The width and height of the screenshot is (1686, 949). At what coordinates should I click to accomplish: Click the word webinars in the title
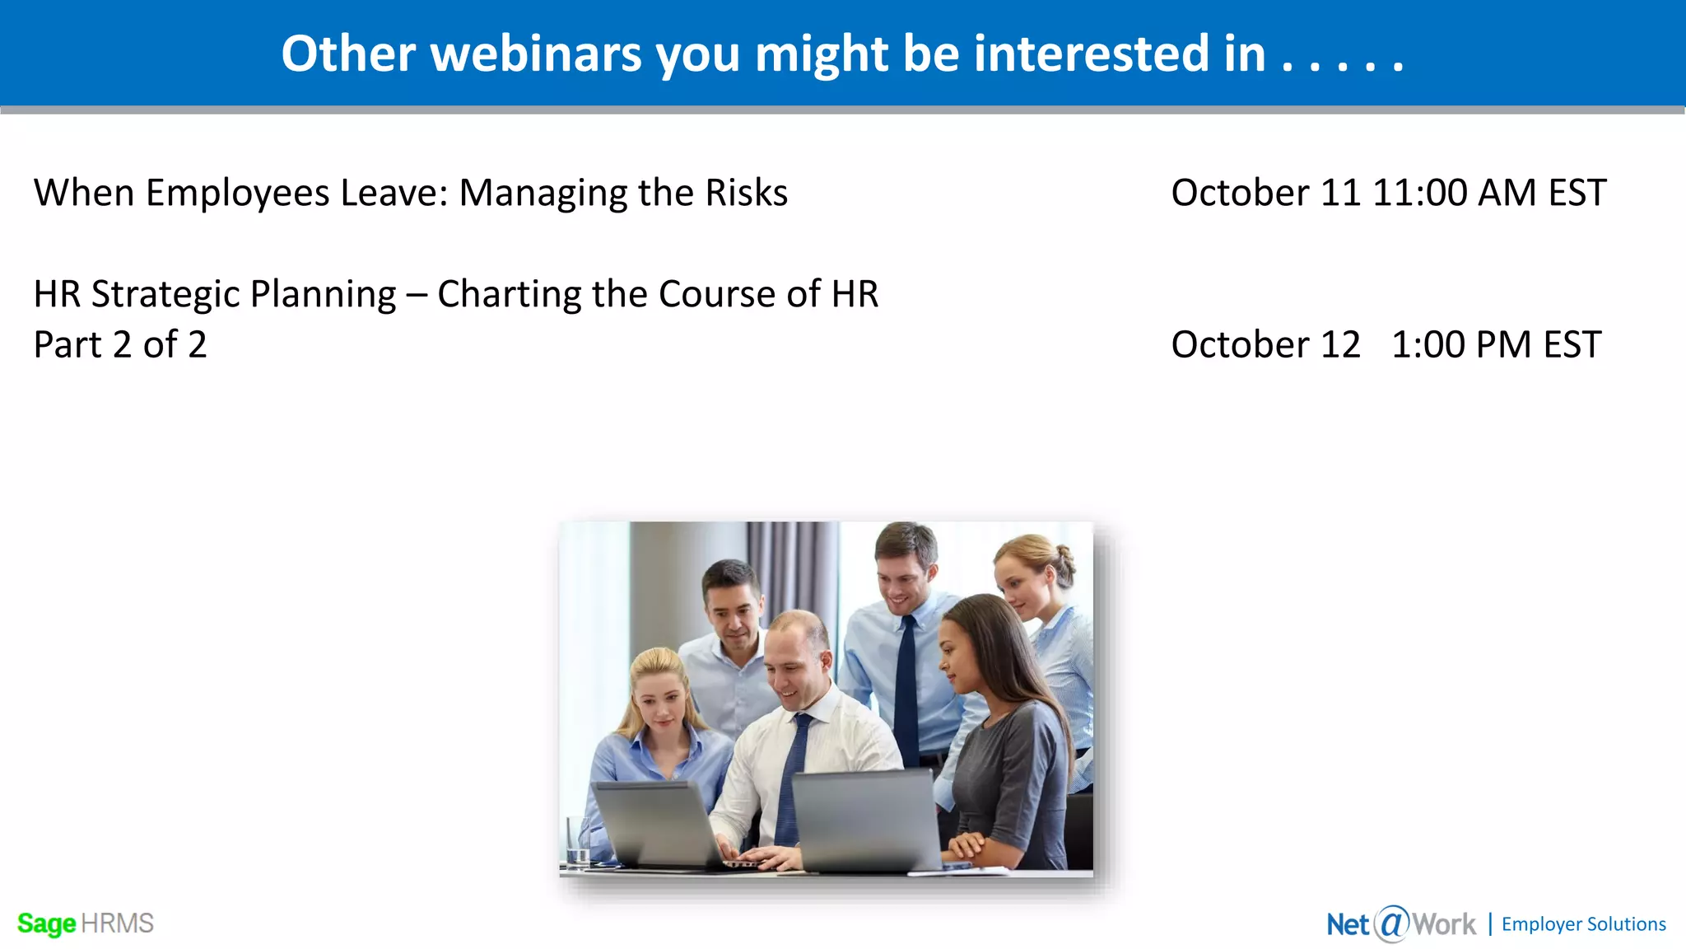click(536, 54)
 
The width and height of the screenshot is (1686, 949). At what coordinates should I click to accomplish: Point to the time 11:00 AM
click(1454, 194)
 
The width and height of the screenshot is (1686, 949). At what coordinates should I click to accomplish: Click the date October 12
click(1265, 344)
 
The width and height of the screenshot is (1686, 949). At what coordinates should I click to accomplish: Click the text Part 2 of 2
click(120, 344)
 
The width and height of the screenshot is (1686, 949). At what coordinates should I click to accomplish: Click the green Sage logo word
click(46, 923)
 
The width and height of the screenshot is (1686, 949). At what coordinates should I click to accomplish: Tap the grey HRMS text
click(117, 923)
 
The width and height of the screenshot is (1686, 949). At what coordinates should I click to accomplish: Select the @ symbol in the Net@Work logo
click(1392, 923)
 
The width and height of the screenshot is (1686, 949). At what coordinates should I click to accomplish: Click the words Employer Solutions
click(1583, 924)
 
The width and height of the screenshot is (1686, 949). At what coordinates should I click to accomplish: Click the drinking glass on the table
click(576, 840)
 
